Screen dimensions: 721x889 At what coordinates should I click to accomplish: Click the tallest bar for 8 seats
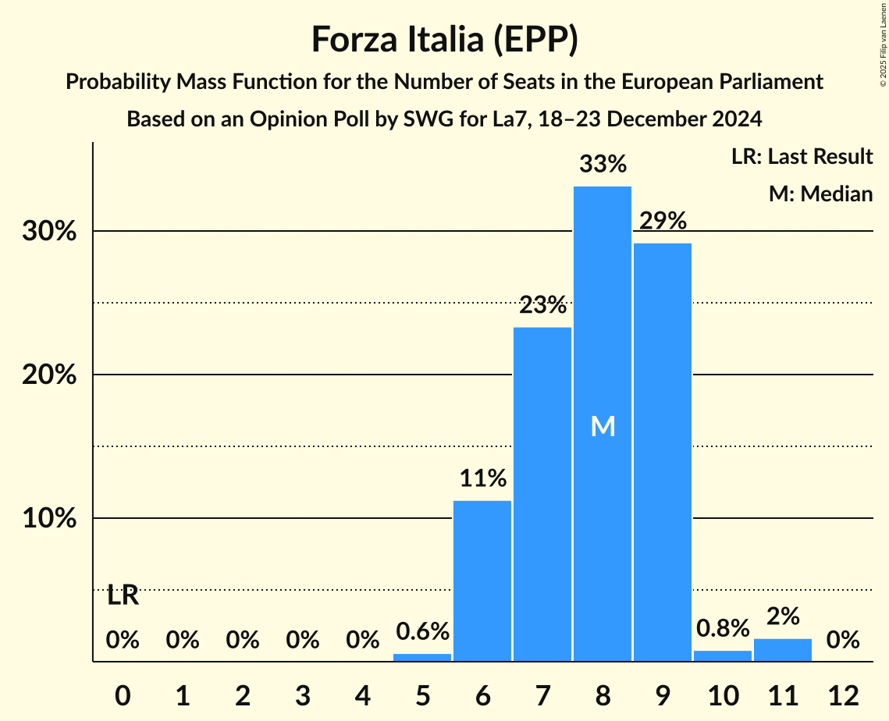(603, 312)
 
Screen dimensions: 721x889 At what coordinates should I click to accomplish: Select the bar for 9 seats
(663, 452)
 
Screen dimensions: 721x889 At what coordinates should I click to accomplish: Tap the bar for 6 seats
(482, 581)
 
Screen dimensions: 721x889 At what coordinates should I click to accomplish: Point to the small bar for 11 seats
(783, 650)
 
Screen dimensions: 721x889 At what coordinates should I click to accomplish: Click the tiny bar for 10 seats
(723, 656)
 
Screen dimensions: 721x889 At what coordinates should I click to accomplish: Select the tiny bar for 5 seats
(422, 657)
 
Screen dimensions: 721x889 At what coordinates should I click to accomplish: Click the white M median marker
(603, 426)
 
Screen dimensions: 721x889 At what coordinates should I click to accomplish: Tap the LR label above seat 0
(123, 596)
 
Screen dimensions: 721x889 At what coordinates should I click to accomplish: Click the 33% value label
(603, 165)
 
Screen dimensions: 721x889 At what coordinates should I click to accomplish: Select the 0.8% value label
(723, 628)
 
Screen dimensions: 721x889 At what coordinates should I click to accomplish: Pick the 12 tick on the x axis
(843, 695)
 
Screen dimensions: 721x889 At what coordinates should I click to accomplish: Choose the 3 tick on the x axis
(302, 695)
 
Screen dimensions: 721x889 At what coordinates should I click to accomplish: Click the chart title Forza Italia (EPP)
(444, 39)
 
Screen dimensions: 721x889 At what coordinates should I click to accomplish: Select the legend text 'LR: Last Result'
(802, 157)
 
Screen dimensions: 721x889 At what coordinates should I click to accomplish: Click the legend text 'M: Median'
(820, 194)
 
